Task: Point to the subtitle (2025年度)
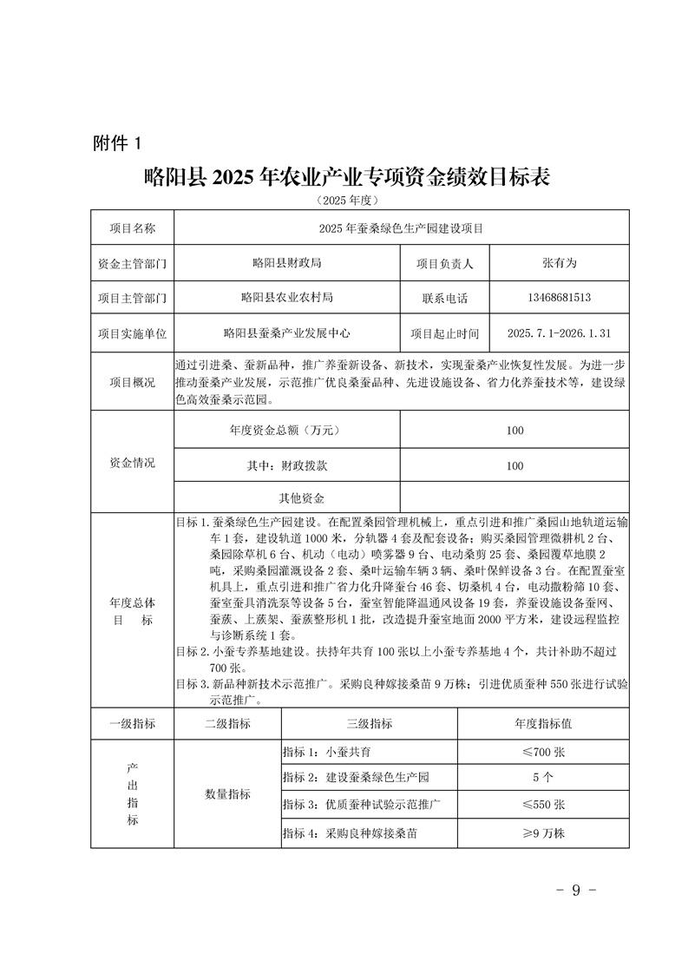pos(345,201)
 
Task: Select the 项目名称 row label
pos(133,228)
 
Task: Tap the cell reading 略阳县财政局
pos(286,262)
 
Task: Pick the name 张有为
pos(559,262)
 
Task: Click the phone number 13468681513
pos(559,297)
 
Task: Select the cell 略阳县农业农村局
pos(286,297)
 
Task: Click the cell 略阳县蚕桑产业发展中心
pos(286,332)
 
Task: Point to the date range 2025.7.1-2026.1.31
pos(559,332)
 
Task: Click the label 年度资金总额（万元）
pos(286,431)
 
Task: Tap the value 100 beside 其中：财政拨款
pos(514,466)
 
